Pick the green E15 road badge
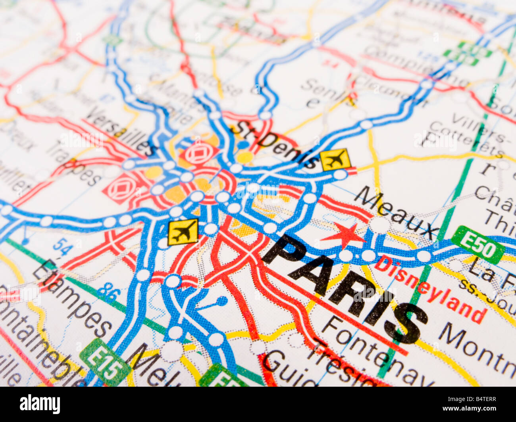click(x=106, y=361)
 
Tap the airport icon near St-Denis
click(x=336, y=159)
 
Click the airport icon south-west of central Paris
click(x=183, y=232)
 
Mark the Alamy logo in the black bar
click(x=40, y=404)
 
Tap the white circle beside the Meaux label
click(x=379, y=225)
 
